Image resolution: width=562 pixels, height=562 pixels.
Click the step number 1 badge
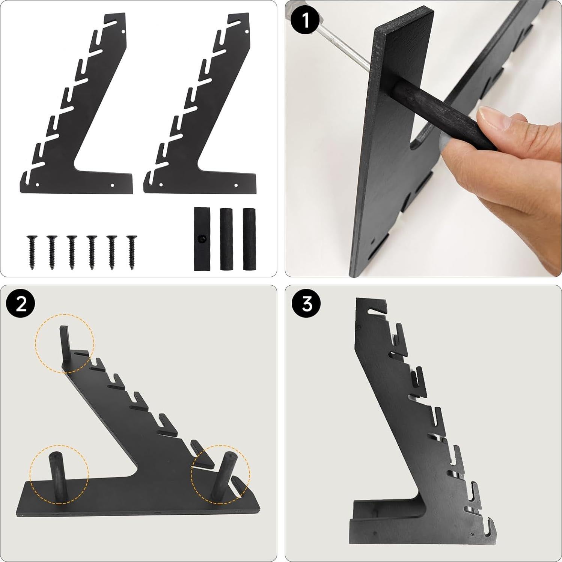tap(306, 20)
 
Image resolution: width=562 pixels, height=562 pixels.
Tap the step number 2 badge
tap(21, 304)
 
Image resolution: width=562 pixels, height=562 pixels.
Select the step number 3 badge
tap(307, 304)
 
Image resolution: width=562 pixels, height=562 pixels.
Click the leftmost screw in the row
tap(31, 252)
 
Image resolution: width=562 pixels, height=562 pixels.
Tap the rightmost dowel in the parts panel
tap(248, 239)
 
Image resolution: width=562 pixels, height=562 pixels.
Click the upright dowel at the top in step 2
tap(64, 342)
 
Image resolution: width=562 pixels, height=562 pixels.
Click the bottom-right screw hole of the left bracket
tap(113, 185)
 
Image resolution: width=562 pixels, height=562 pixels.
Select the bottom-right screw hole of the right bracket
tap(236, 185)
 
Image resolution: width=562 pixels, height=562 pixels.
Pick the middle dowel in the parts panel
tap(225, 239)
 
